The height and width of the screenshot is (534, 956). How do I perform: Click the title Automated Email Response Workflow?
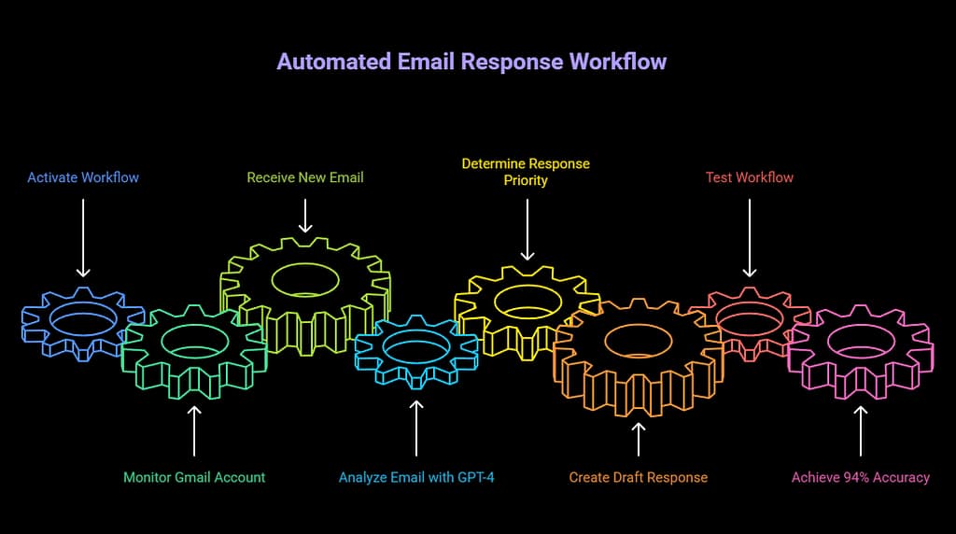[471, 62]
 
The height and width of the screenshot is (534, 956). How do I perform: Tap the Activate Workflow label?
[83, 177]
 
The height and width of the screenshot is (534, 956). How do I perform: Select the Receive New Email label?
[305, 177]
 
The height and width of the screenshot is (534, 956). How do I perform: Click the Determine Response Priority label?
[526, 172]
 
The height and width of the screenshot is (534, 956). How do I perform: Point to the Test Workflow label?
[750, 177]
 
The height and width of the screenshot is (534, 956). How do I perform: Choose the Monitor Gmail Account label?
[194, 477]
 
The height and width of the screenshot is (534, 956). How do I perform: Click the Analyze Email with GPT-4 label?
[416, 477]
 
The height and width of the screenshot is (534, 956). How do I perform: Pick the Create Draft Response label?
[639, 477]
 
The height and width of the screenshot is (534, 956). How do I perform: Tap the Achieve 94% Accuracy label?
[861, 477]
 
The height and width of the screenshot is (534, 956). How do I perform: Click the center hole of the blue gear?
[83, 317]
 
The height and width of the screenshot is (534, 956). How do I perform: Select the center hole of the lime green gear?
[305, 278]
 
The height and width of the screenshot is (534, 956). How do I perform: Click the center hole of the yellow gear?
[527, 301]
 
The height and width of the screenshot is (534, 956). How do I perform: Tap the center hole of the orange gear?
[639, 340]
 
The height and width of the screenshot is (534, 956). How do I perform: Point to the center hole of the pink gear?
[861, 341]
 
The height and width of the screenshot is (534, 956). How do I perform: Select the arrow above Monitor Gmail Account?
[194, 429]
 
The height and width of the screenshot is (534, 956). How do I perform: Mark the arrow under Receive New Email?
[305, 215]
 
